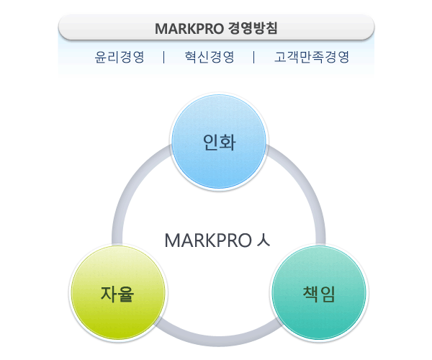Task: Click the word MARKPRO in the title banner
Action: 189,28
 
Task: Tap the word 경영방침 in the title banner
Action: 253,28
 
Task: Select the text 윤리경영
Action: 120,57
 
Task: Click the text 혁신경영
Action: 210,57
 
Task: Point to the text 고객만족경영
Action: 312,57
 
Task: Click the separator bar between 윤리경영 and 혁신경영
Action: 164,57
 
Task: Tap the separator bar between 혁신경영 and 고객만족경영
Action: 253,57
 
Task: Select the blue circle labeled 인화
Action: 219,142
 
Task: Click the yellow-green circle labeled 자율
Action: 118,293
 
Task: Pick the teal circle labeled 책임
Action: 319,293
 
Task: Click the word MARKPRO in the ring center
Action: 208,240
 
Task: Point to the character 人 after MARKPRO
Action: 263,240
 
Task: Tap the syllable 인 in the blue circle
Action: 211,142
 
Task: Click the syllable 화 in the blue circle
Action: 228,142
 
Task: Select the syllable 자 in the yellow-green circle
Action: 109,294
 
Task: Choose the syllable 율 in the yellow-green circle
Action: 126,294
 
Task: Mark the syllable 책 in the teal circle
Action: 311,294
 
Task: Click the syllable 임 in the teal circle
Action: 328,294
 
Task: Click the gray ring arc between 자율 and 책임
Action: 218,341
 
